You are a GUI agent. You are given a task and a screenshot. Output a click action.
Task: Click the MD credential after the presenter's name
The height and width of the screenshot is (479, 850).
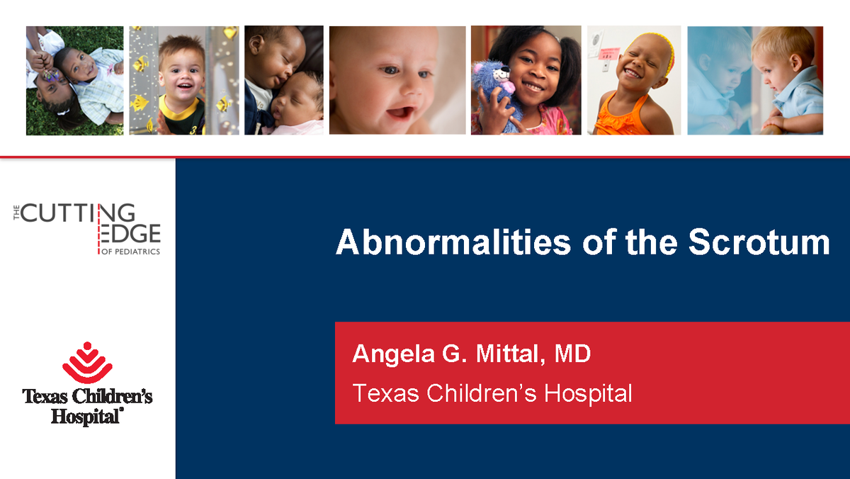[572, 354]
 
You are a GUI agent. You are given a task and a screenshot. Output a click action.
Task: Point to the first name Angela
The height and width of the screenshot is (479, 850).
[392, 354]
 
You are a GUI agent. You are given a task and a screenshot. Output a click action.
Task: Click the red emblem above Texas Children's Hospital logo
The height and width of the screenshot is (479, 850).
[87, 363]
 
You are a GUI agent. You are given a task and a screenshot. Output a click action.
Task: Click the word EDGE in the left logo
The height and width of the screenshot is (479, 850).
[132, 234]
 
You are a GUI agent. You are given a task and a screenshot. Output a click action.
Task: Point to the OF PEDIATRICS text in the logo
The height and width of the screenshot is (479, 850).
[132, 252]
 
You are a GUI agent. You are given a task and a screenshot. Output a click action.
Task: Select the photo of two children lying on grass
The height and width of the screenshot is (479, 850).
[74, 80]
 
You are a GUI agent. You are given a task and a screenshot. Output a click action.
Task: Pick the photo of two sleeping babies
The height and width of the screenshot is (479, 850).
[283, 80]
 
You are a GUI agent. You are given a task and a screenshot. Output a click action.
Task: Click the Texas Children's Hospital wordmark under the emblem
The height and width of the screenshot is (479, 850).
[87, 406]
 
